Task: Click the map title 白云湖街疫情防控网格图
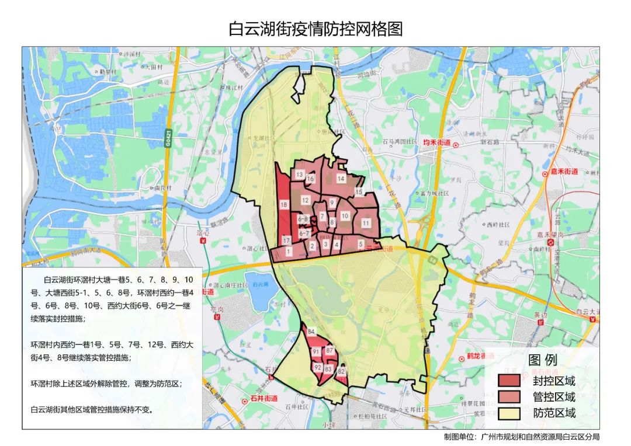(x=315, y=29)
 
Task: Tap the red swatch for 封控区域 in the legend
(x=509, y=381)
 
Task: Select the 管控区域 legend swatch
(x=509, y=397)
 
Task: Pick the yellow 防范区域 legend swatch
(x=509, y=413)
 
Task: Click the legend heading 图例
(x=543, y=360)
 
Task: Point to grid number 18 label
(x=284, y=205)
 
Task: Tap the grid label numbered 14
(x=341, y=179)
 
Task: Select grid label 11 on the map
(x=366, y=223)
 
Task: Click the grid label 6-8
(x=303, y=219)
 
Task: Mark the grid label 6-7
(x=304, y=233)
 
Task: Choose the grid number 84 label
(x=311, y=332)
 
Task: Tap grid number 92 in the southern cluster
(x=318, y=367)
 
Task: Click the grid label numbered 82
(x=341, y=371)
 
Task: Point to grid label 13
(x=299, y=175)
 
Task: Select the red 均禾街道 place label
(x=436, y=142)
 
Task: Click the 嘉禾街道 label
(x=563, y=172)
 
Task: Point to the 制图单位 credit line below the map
(x=522, y=437)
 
